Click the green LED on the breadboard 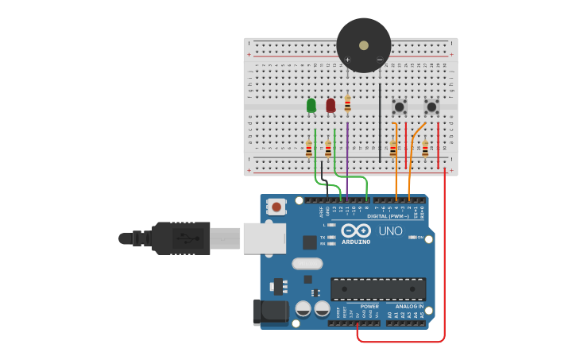pos(311,105)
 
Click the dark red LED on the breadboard pos(331,105)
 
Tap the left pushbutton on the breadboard pos(400,106)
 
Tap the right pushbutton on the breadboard pos(431,106)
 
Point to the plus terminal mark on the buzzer pos(347,60)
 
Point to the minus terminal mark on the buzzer pos(380,60)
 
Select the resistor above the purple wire pos(347,103)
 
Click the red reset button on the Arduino pos(276,207)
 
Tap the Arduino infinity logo pos(355,230)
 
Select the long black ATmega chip pos(378,288)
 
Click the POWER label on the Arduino pos(369,306)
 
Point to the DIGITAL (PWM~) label pos(388,216)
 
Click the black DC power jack pos(269,312)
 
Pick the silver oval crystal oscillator pos(307,264)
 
